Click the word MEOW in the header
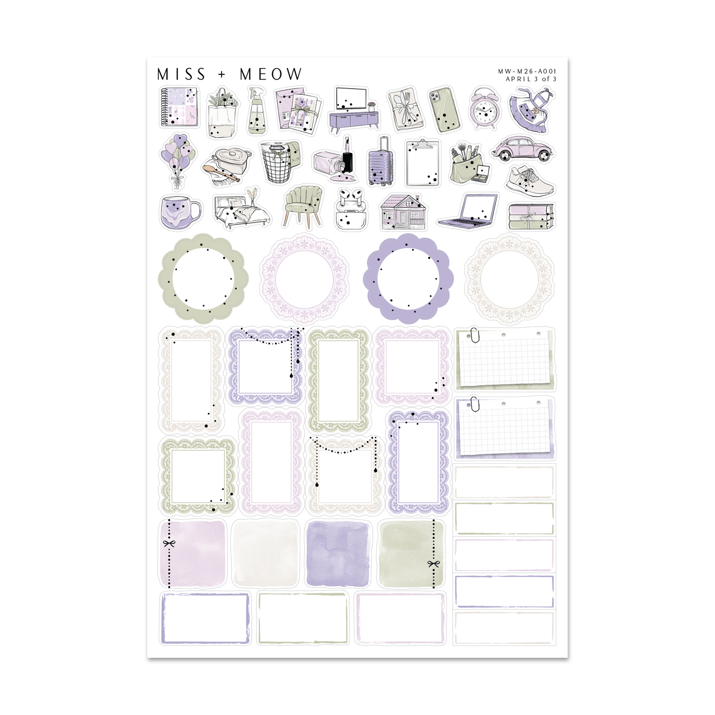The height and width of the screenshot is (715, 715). [271, 74]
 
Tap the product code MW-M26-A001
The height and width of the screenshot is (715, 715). [527, 71]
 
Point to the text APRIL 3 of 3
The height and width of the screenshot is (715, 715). [531, 79]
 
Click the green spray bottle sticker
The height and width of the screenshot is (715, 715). [257, 111]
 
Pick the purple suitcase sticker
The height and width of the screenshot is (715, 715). [381, 161]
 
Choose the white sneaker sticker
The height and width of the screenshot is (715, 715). [530, 181]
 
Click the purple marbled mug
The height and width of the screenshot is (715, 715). [180, 212]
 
